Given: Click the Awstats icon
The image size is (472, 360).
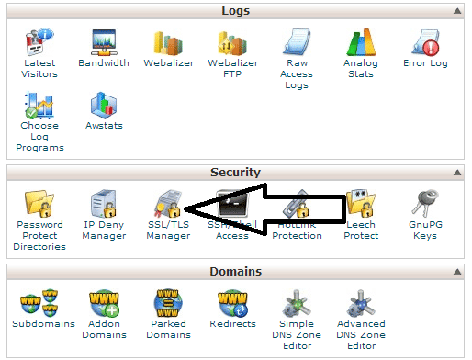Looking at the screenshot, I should [x=104, y=106].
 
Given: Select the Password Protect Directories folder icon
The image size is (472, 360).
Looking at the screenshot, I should [x=39, y=205].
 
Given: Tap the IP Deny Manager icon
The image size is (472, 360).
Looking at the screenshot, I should [x=104, y=205].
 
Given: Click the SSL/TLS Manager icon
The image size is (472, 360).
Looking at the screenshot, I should [x=168, y=205].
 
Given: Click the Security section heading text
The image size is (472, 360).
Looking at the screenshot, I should [x=235, y=172].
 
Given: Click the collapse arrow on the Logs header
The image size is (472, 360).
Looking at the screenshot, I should [x=455, y=11].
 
